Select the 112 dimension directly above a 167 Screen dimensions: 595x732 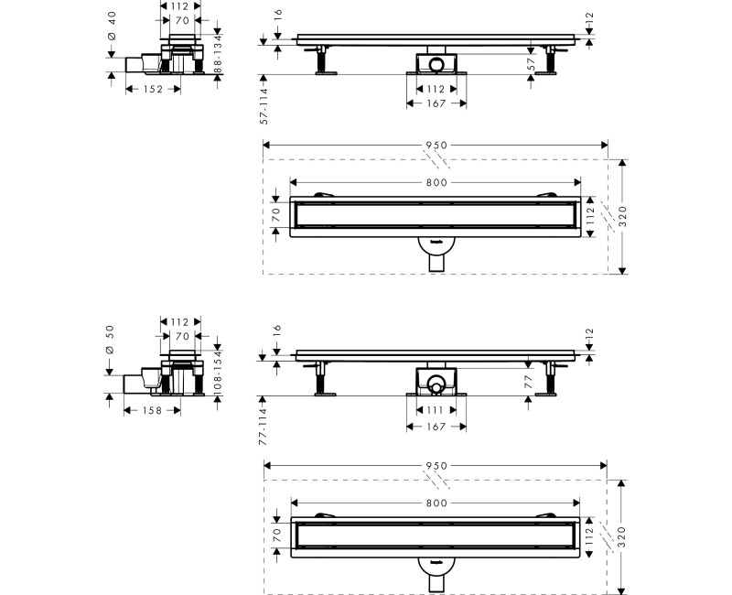point(435,89)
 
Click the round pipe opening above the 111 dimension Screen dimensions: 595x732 point(436,379)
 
